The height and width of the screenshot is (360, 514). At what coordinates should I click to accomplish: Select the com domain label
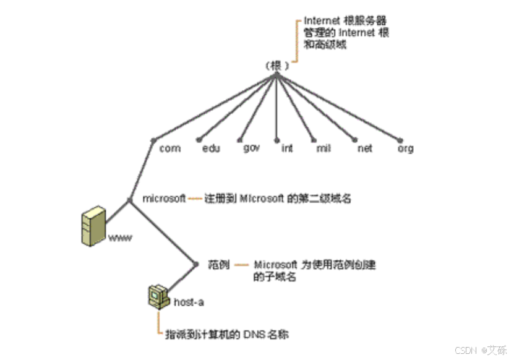pos(169,148)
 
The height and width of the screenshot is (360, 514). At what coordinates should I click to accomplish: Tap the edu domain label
pos(212,148)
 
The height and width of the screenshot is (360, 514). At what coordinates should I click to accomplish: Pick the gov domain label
pos(251,148)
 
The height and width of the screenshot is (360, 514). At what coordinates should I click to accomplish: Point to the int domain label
pos(287,148)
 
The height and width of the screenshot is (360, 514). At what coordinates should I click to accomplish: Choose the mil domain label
pos(323,148)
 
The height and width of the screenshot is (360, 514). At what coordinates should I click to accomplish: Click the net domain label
pos(365,148)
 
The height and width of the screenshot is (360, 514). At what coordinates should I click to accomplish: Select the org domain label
pos(406,148)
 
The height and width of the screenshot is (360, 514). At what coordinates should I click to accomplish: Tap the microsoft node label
pos(164,199)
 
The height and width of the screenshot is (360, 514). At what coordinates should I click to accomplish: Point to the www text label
pos(121,238)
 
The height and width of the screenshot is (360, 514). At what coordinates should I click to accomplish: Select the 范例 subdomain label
pos(219,264)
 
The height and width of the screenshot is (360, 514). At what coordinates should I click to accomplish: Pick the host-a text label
pos(189,302)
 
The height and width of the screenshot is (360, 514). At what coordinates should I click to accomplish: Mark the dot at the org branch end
pos(400,140)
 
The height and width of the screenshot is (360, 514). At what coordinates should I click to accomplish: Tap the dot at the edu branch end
pos(199,140)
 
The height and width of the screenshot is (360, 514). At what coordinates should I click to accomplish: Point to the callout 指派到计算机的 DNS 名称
pos(226,334)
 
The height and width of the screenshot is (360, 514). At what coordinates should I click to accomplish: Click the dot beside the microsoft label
pos(129,200)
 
